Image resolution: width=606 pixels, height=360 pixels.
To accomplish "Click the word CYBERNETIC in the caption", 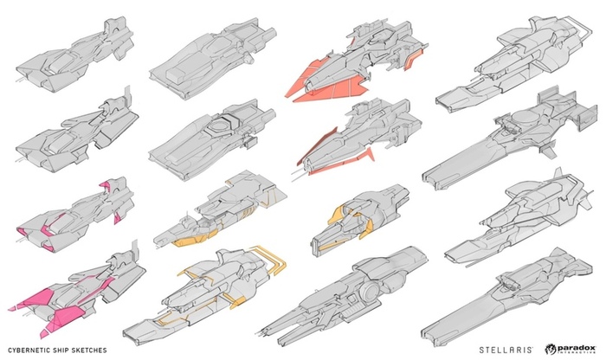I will [27, 349].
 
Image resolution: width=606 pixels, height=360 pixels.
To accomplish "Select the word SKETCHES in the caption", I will [97, 349].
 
